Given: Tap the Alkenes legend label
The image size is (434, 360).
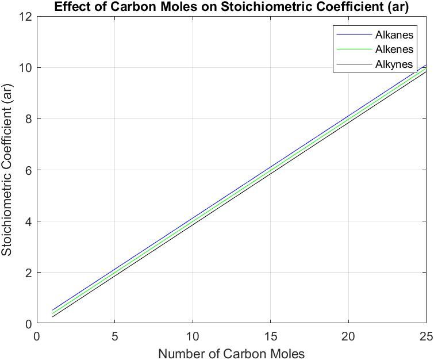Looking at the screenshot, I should click(394, 49).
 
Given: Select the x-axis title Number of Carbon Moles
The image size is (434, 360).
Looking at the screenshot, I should click(231, 353).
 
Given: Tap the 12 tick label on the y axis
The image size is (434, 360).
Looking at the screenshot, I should click(24, 17).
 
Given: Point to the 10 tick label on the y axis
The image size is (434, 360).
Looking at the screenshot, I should click(24, 68).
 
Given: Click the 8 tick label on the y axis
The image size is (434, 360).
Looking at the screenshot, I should click(27, 119).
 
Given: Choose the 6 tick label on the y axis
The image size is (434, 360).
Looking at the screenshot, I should click(27, 170).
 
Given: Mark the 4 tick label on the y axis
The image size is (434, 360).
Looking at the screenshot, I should click(27, 221).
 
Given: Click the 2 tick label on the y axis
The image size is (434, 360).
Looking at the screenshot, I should click(27, 273).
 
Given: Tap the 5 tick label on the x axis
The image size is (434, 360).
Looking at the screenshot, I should click(115, 336).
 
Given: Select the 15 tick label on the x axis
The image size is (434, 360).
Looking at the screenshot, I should click(270, 336).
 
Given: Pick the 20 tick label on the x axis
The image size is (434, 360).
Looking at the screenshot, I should click(348, 336).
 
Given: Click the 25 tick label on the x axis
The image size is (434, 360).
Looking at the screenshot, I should click(425, 336).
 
